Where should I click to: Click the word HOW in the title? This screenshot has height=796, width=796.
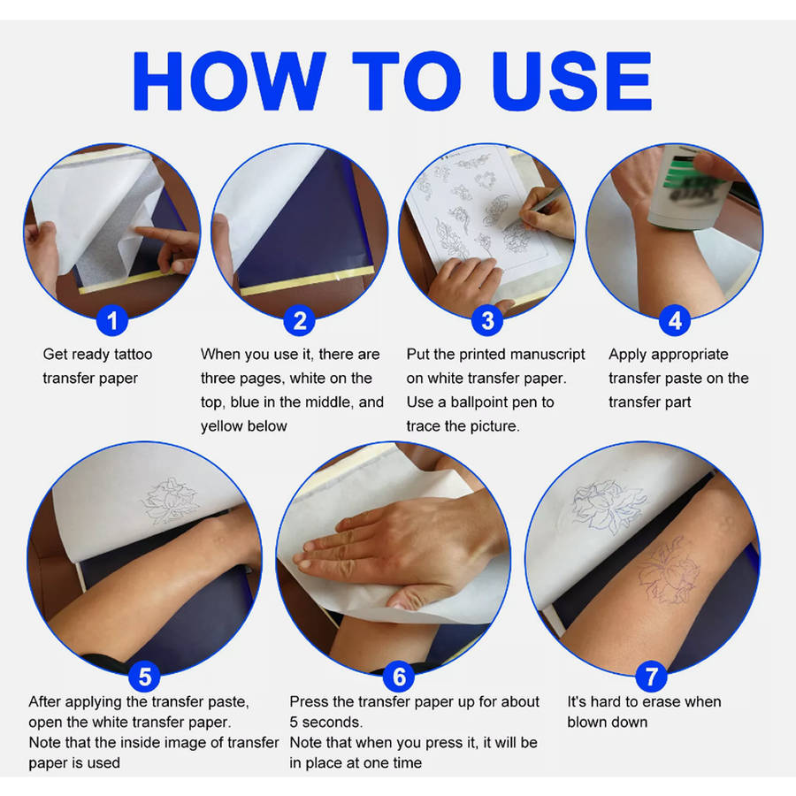(229, 80)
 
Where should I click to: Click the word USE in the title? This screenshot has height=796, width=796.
(571, 80)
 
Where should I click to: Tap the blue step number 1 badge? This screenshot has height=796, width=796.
(112, 320)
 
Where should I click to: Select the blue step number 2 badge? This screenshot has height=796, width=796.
(300, 320)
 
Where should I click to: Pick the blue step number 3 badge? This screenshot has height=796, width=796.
(487, 320)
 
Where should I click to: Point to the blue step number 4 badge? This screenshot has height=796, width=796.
(675, 320)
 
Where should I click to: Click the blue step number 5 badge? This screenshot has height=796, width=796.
(145, 677)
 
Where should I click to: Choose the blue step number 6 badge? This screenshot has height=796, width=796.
(399, 677)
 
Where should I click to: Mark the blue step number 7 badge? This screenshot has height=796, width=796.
(651, 677)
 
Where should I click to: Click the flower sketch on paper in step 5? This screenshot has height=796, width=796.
(169, 501)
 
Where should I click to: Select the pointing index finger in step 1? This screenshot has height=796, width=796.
(163, 238)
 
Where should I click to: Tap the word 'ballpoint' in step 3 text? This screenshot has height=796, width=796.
(481, 402)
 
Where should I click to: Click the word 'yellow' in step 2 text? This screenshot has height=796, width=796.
(222, 426)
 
